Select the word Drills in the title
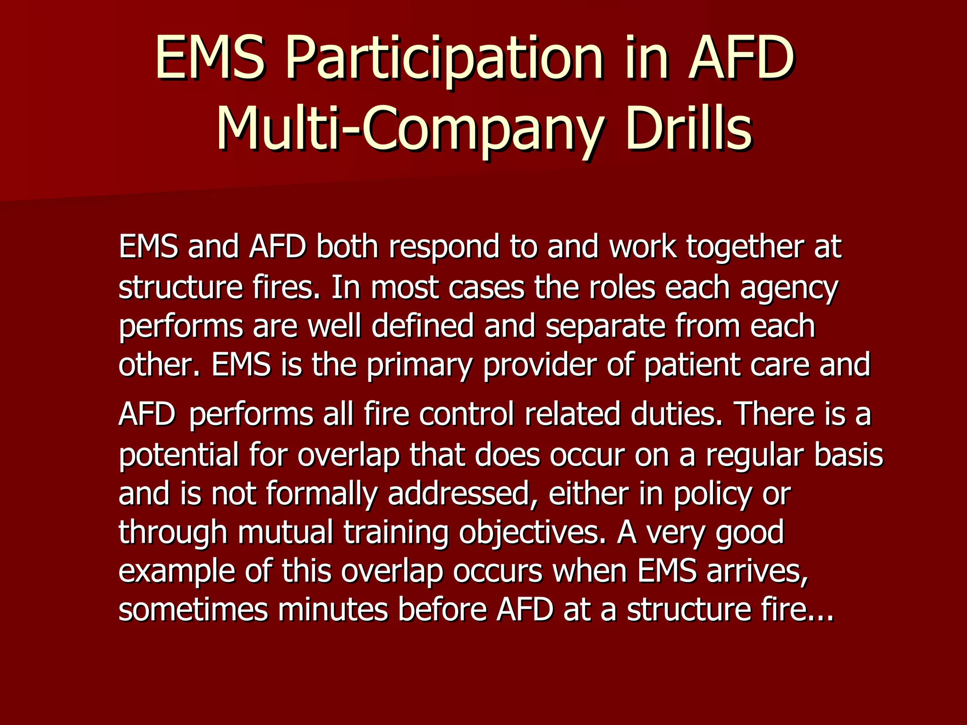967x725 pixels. pos(688,127)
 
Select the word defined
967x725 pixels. pos(423,326)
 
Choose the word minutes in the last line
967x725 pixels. pos(333,609)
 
